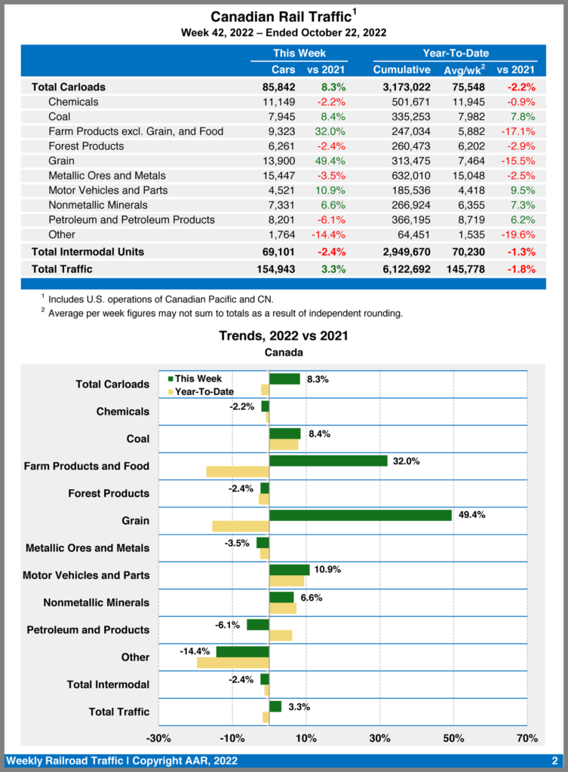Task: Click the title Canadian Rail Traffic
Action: (x=280, y=17)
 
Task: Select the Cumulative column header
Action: (x=401, y=69)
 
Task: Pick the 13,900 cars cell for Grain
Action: (x=278, y=161)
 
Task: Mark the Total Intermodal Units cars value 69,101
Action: (x=278, y=250)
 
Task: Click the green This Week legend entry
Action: (x=201, y=379)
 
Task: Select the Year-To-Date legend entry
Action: (x=201, y=391)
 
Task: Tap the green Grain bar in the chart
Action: (x=360, y=515)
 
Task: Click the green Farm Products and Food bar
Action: (x=327, y=461)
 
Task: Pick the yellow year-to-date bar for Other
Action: (x=232, y=663)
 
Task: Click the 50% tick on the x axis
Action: (x=453, y=737)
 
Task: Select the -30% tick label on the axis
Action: (x=158, y=737)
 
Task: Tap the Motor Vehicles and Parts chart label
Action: (x=86, y=575)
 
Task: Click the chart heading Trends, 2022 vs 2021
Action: (x=284, y=335)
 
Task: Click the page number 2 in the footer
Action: (x=554, y=761)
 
